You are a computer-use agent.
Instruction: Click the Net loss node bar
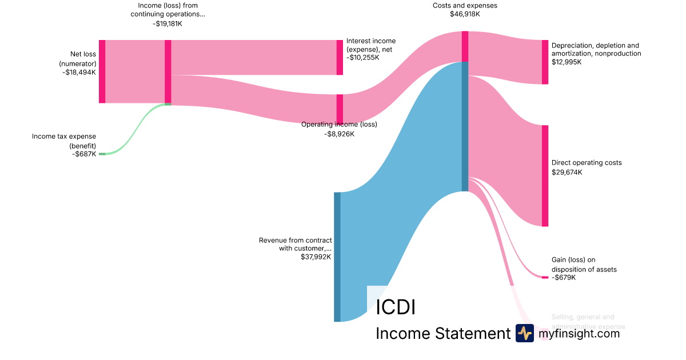102,71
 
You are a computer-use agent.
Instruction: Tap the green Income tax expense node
102,154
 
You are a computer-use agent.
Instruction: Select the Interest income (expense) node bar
340,57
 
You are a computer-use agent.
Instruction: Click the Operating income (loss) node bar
340,109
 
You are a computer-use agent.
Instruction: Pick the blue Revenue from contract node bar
337,257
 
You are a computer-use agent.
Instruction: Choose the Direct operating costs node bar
545,175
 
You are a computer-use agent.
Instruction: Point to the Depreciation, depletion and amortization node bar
545,62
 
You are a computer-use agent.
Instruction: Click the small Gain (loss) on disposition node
545,277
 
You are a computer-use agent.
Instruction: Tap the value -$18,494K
80,73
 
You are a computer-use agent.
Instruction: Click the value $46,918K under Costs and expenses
465,14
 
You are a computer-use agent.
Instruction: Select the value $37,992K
316,257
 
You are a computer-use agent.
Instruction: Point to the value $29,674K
567,172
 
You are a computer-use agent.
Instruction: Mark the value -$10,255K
362,58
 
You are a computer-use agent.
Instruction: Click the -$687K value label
84,154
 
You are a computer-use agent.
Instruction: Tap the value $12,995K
567,62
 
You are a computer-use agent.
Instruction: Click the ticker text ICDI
396,307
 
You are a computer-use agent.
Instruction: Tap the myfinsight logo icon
524,333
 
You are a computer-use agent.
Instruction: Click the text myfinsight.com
579,333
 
